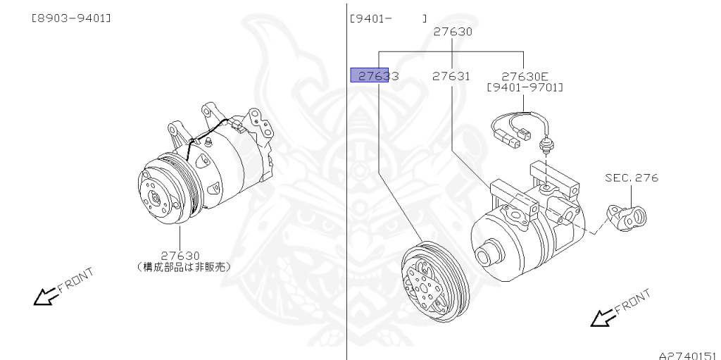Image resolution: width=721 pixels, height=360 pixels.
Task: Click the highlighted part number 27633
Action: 375,75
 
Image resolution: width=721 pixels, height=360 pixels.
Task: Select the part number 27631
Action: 451,75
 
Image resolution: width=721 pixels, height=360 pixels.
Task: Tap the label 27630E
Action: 525,75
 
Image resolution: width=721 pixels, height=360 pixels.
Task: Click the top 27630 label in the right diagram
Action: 453,31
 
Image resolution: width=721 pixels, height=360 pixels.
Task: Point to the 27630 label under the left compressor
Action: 180,255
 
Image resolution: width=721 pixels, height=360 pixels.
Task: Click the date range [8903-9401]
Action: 70,18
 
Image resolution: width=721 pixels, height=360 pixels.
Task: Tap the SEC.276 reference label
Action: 631,178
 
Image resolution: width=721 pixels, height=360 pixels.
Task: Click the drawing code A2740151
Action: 687,354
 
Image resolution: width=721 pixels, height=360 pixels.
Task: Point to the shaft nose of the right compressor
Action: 484,255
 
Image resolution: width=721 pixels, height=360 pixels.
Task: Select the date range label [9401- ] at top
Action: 387,18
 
